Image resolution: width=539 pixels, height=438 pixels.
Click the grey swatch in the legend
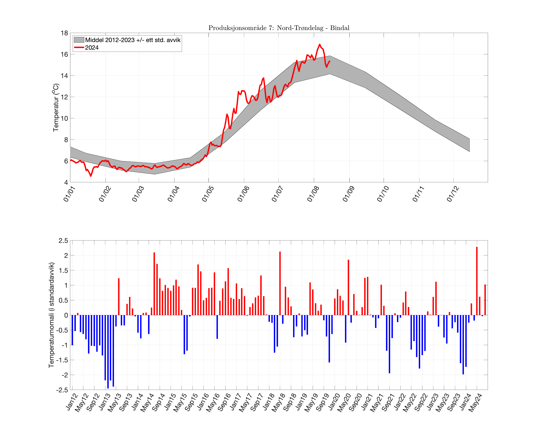[x=79, y=40]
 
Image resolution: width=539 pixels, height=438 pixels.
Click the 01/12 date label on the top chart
[x=453, y=194]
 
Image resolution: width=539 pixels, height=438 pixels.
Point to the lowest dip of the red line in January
[x=91, y=176]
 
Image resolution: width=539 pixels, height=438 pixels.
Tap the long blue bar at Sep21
[x=389, y=344]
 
